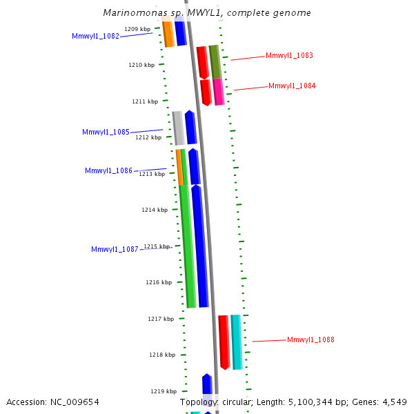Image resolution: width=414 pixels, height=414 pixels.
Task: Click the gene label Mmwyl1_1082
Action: pos(95,36)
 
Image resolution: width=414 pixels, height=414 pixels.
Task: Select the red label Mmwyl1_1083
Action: pos(289,55)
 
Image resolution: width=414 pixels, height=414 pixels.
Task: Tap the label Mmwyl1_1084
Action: pos(292,86)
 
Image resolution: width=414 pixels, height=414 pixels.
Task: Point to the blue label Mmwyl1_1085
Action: pos(106,132)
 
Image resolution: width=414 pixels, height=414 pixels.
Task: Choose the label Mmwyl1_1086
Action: pos(108,170)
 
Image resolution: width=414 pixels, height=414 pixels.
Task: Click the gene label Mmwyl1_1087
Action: pos(115,249)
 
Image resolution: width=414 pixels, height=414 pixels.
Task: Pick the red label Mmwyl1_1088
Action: pos(310,339)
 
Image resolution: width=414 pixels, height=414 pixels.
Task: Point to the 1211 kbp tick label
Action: pos(144,101)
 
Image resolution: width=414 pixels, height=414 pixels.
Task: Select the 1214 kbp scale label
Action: pos(154,210)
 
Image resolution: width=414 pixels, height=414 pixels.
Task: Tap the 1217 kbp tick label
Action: pos(160,319)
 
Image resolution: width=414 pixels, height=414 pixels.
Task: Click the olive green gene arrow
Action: pos(215,62)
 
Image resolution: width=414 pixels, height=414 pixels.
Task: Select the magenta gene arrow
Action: pos(219,92)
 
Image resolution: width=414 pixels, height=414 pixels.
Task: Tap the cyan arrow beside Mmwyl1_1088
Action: pos(237,342)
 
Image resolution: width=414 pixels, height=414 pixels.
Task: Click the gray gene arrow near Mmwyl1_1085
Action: pos(178,128)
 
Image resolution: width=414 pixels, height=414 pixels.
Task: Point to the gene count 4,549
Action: pos(394,402)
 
